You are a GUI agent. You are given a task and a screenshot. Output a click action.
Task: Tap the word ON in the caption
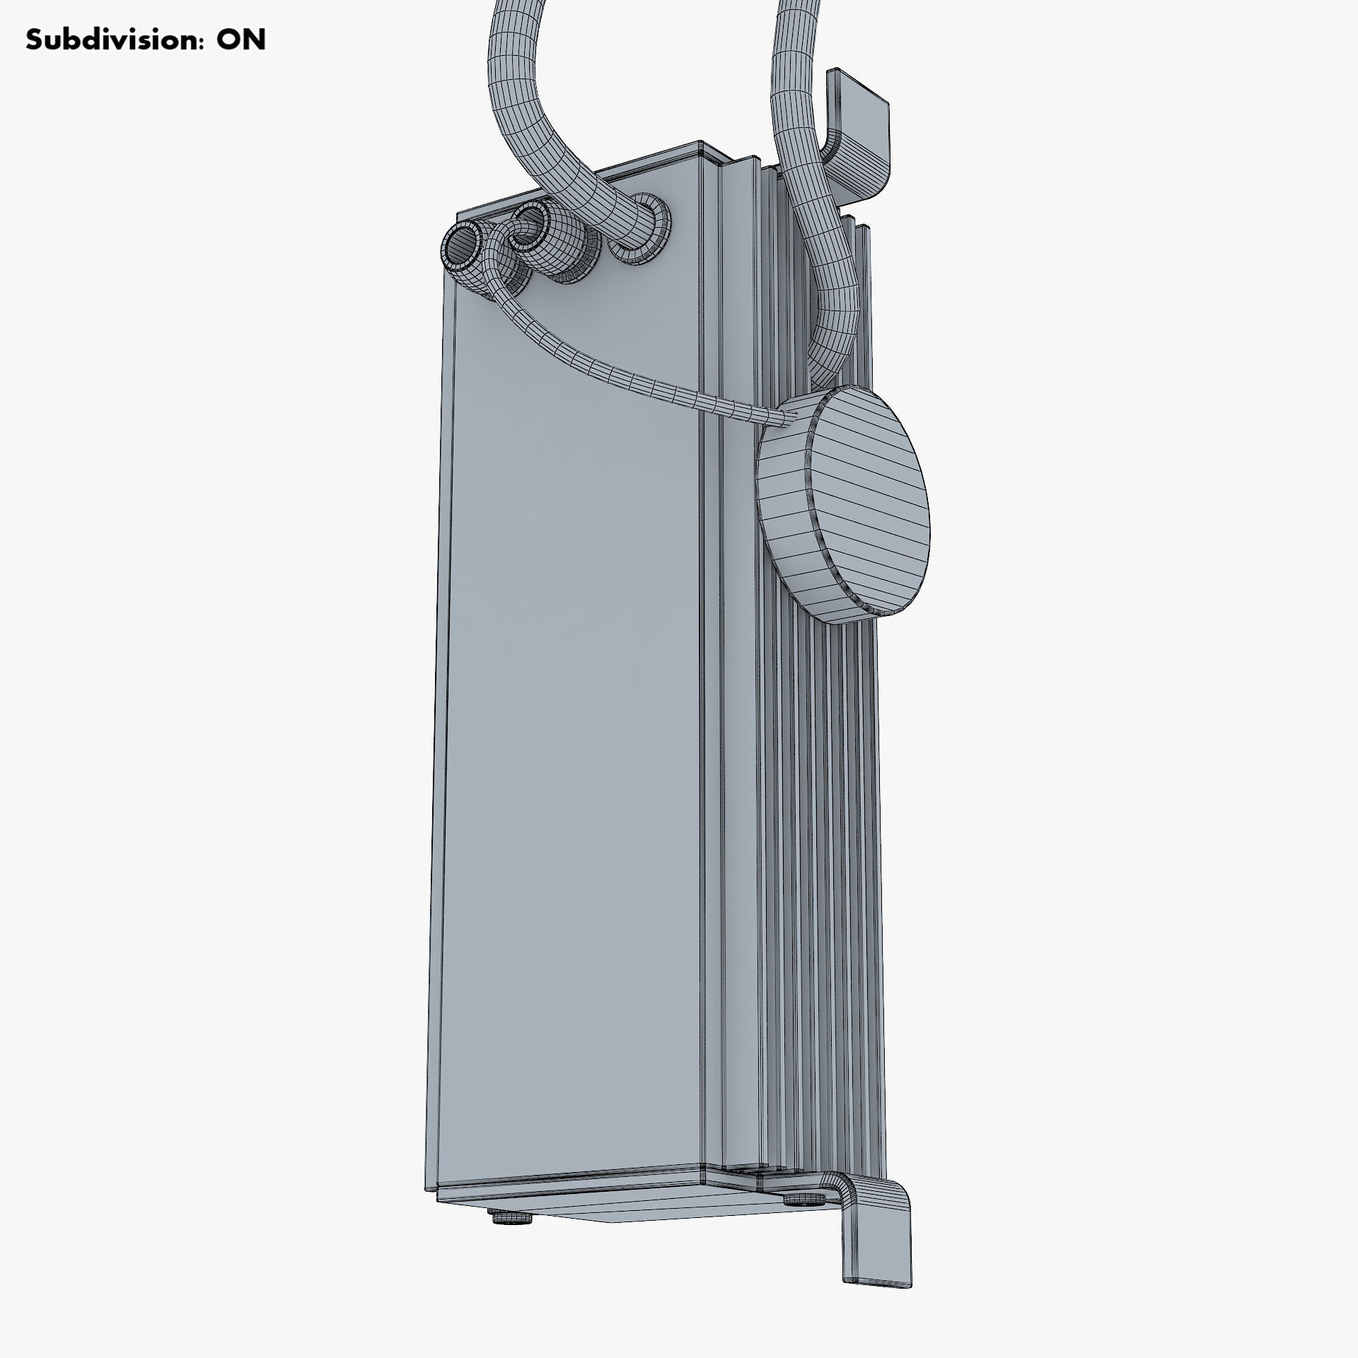click(x=240, y=40)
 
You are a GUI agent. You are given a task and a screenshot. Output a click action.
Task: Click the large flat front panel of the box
click(x=573, y=707)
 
